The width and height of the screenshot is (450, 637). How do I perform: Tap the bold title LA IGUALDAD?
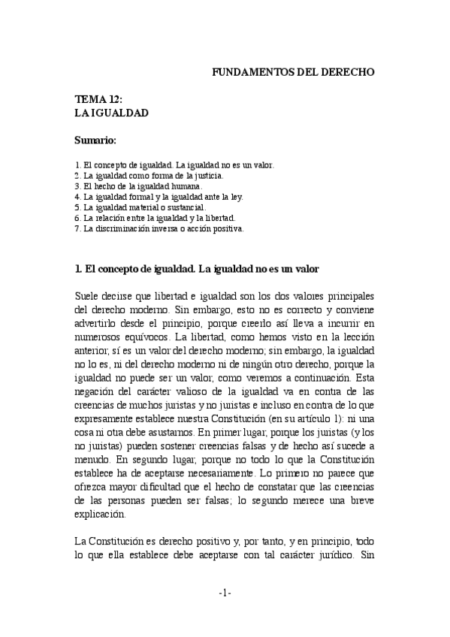pos(111,113)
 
